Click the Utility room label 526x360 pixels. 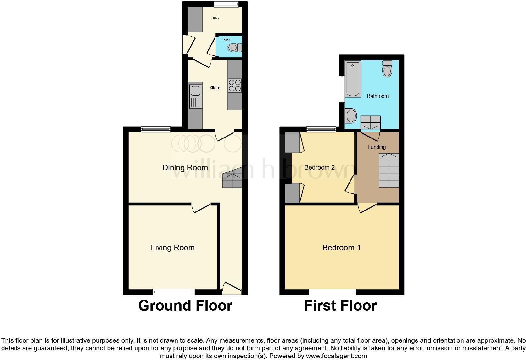tap(215, 18)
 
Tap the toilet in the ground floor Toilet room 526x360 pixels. tap(234, 48)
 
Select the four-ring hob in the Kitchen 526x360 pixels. tap(235, 85)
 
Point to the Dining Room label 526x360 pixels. tap(185, 168)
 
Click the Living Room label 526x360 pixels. tap(173, 248)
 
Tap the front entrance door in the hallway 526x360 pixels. tap(232, 287)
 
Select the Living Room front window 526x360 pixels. tap(174, 292)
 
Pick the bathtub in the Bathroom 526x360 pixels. tap(353, 79)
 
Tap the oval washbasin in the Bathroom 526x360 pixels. tap(351, 116)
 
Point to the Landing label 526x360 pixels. tap(377, 147)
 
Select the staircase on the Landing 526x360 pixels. tap(389, 170)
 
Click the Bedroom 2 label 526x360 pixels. tap(319, 167)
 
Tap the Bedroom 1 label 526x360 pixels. tap(341, 248)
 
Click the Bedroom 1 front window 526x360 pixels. tap(333, 292)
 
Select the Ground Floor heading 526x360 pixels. tap(185, 306)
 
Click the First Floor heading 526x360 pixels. tap(340, 306)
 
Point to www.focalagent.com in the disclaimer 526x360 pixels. tap(336, 356)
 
